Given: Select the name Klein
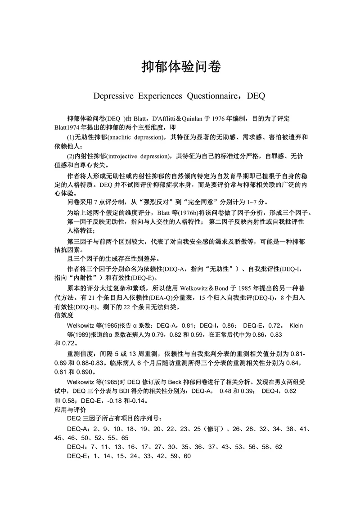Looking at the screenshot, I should click(x=299, y=325).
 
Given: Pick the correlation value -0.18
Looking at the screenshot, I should click(x=112, y=401).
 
